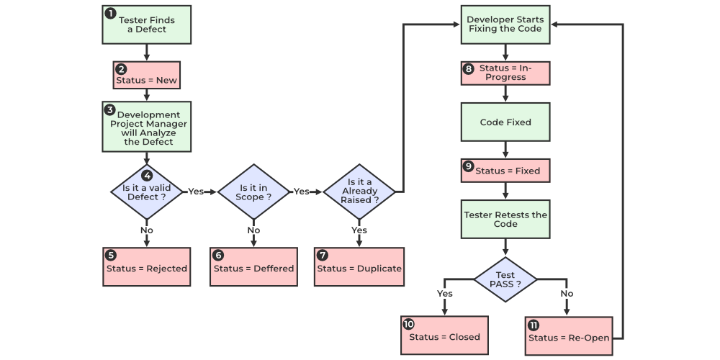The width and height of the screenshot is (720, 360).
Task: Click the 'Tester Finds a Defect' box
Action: tap(147, 24)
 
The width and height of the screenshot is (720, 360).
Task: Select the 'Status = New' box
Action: tap(147, 75)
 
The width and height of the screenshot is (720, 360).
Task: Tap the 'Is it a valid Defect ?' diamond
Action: tap(147, 192)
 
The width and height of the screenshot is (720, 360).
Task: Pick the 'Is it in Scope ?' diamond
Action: tap(254, 192)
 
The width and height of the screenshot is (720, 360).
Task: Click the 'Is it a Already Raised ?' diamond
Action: tap(359, 192)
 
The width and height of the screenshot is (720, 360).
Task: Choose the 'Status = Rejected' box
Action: tap(147, 266)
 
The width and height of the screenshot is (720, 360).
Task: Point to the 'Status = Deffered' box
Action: tap(253, 266)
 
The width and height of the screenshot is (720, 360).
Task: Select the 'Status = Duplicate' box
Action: tap(359, 266)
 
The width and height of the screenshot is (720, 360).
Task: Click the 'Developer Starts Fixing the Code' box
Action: tap(505, 24)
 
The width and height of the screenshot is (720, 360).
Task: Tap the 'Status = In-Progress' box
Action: tap(505, 73)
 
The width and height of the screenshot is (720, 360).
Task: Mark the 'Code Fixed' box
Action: tap(505, 122)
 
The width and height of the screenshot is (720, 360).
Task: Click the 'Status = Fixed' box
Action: tap(505, 171)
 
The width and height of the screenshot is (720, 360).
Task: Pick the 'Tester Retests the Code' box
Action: tap(505, 220)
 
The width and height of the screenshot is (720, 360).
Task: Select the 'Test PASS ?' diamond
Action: tap(505, 279)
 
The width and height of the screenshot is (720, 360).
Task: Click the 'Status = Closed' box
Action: tap(444, 335)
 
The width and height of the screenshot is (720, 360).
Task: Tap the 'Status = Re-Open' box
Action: tap(569, 335)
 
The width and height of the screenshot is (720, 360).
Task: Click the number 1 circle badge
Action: tap(110, 14)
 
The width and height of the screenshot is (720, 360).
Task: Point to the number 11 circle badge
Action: tap(534, 325)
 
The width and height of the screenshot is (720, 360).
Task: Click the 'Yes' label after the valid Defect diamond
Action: tap(196, 192)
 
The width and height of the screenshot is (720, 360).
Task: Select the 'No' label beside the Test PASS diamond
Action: tap(567, 294)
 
